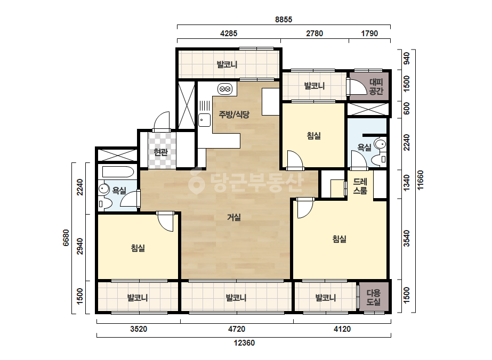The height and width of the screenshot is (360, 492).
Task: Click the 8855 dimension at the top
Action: [284, 20]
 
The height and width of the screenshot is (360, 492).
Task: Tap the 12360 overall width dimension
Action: [244, 343]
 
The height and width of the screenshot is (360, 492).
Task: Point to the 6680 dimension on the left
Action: [66, 238]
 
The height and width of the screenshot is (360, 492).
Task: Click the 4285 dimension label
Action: [229, 33]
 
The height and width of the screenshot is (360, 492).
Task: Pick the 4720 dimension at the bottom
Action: [237, 329]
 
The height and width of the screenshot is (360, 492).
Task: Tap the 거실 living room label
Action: [234, 217]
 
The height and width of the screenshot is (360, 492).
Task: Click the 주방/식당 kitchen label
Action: [234, 114]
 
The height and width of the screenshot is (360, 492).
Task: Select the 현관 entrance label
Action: [160, 152]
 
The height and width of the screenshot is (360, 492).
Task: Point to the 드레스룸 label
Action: [360, 186]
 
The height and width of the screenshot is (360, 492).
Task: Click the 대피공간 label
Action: [376, 87]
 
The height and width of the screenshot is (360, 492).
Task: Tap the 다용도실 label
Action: [374, 297]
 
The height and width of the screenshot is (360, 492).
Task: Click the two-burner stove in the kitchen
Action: [224, 89]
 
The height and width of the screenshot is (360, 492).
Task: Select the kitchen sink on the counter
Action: [204, 120]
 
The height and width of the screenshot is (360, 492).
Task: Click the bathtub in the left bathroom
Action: [118, 172]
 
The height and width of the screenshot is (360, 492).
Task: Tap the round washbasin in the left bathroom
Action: [103, 189]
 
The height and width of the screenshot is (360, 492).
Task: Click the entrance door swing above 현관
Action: [162, 121]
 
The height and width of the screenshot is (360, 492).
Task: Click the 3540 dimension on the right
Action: [407, 239]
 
